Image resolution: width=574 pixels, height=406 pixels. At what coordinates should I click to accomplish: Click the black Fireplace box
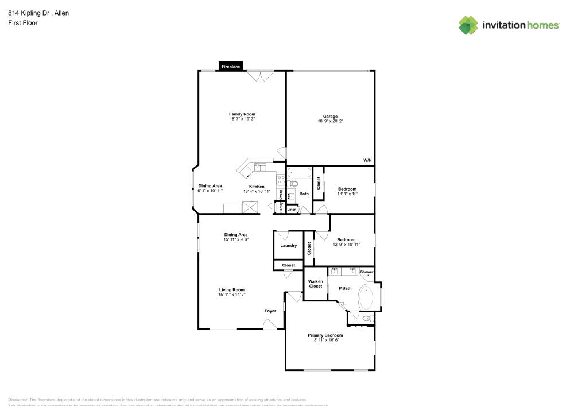[231, 67]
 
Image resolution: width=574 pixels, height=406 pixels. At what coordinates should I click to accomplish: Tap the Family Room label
[242, 114]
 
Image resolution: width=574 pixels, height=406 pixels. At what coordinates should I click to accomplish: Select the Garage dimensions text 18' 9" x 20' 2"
[329, 121]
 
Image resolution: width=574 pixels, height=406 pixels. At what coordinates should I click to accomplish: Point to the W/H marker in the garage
[367, 160]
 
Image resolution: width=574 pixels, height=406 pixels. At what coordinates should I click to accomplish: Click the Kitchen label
[257, 186]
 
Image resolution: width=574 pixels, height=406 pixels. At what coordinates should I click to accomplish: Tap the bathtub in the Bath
[298, 172]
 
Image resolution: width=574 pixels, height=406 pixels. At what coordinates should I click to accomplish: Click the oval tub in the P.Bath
[366, 297]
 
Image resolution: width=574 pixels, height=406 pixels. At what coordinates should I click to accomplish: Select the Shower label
[367, 272]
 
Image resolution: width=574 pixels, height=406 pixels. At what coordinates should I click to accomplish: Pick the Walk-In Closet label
[316, 284]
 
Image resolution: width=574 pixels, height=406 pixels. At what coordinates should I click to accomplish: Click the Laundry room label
[288, 245]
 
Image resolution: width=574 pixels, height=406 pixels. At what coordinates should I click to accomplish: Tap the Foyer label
[270, 311]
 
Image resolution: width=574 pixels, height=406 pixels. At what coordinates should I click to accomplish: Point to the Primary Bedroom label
[325, 335]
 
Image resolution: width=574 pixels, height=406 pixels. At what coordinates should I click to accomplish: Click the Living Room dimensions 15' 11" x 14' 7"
[231, 295]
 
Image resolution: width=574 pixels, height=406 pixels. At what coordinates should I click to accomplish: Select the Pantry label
[281, 207]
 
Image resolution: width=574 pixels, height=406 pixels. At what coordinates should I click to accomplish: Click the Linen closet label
[292, 210]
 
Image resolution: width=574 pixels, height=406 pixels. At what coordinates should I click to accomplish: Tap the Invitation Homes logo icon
[468, 25]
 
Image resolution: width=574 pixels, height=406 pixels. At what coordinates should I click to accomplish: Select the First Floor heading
[23, 23]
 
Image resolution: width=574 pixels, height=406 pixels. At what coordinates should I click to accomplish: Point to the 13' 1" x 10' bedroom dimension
[347, 194]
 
